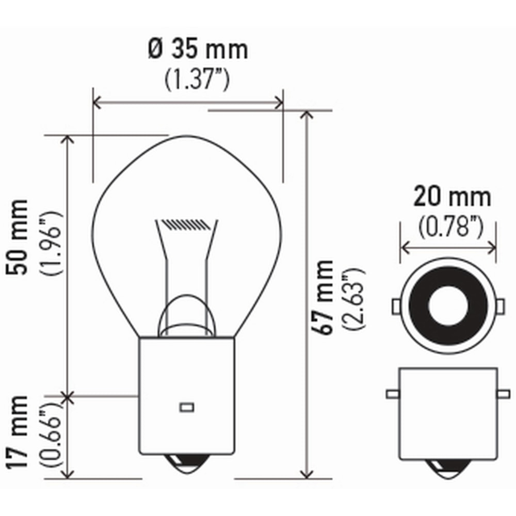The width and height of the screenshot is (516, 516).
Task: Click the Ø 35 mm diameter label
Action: (x=198, y=50)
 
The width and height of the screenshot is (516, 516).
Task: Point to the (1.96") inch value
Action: (x=52, y=245)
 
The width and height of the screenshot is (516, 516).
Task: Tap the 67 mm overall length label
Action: (x=325, y=297)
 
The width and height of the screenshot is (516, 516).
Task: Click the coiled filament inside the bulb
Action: (x=186, y=224)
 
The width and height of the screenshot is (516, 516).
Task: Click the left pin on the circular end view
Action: (x=396, y=307)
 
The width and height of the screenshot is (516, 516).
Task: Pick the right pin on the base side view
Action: (x=503, y=394)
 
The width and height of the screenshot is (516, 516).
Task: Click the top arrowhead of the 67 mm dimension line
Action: (x=308, y=115)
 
